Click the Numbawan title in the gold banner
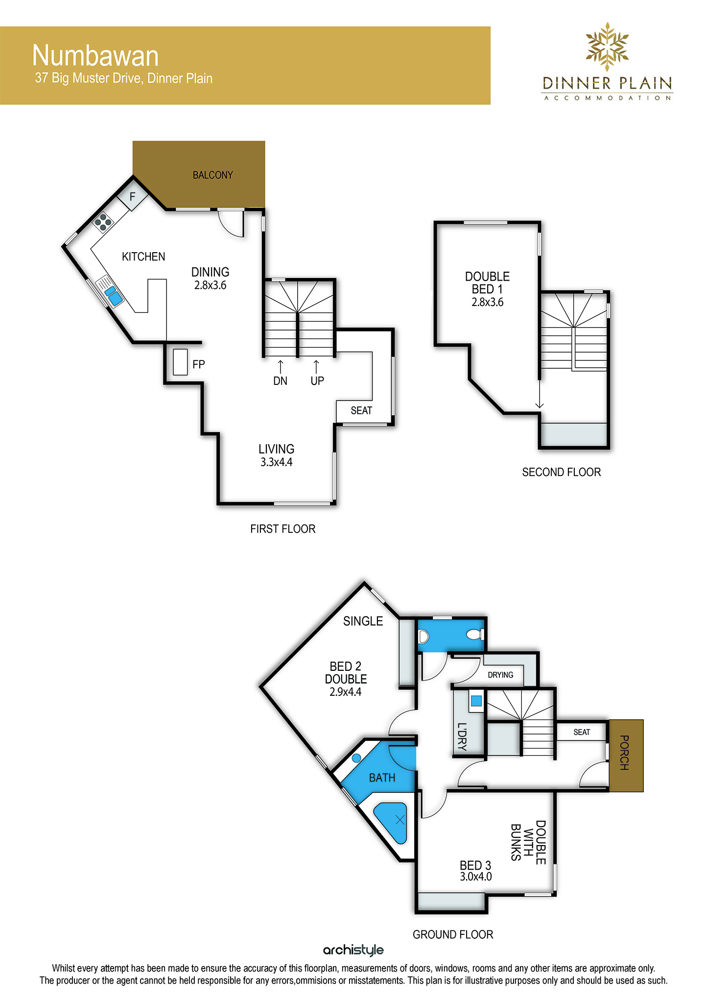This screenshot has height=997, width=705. point(95,56)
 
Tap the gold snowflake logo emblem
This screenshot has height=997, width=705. point(608,47)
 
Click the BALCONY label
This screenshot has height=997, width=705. point(212,175)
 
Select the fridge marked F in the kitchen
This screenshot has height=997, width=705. point(132,197)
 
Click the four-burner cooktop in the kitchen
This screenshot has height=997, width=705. point(103,222)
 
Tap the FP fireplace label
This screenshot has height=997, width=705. point(198,364)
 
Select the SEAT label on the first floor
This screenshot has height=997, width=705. point(361,411)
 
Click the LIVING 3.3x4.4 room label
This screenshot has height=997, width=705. point(277,455)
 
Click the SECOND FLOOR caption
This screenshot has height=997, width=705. point(562,472)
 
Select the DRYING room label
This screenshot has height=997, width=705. point(500,675)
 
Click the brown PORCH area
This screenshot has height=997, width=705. point(626,756)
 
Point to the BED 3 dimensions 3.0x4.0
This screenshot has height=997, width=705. point(476,877)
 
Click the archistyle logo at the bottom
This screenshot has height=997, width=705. point(353,950)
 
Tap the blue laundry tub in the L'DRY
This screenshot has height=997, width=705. point(476,701)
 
